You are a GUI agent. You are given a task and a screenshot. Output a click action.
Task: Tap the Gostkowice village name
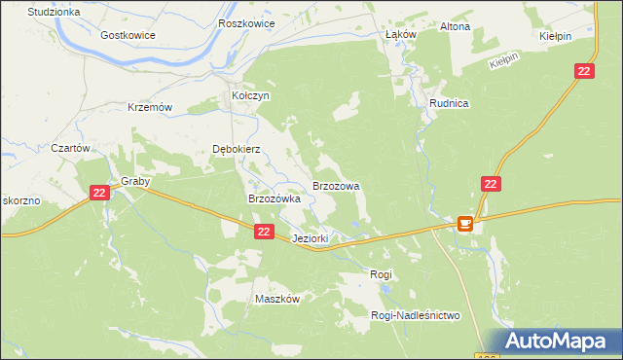[x=128, y=34]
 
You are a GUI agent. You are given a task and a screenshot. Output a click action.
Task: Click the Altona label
[x=455, y=26]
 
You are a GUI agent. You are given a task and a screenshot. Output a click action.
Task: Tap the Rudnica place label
[x=450, y=103]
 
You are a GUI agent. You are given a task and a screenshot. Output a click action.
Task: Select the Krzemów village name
[x=150, y=107]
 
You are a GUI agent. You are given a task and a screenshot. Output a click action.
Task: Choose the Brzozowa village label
[x=336, y=185]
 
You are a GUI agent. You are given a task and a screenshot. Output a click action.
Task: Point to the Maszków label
[x=276, y=299]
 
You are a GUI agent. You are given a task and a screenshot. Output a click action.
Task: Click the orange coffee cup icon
[x=465, y=224]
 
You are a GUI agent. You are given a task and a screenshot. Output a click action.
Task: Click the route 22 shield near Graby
[x=99, y=194]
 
